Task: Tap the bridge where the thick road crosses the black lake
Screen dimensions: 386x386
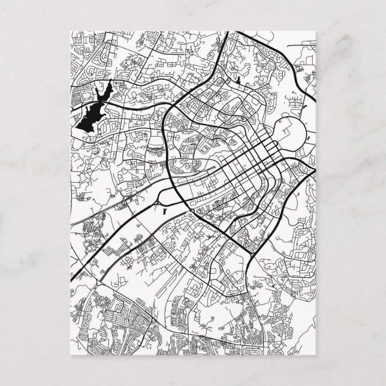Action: (x=99, y=103)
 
